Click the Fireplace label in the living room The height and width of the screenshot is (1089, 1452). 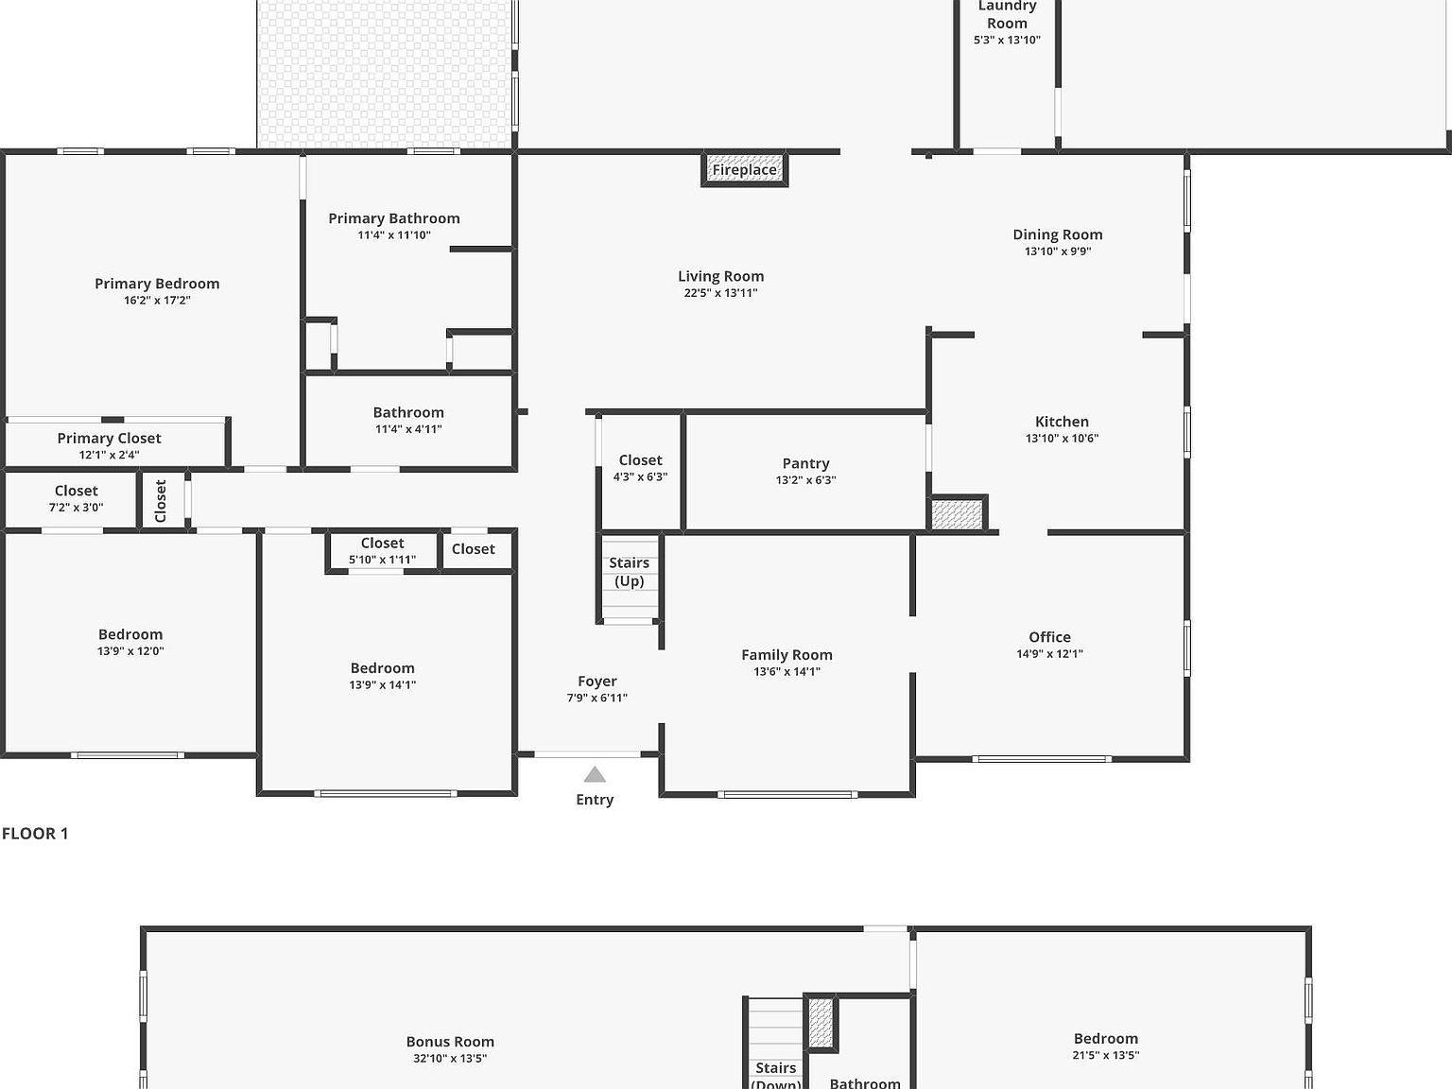(x=744, y=170)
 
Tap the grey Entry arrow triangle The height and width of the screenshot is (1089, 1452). (x=595, y=774)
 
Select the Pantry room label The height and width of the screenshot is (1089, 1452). (x=805, y=463)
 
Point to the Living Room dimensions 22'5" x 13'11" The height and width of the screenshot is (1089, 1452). (x=720, y=293)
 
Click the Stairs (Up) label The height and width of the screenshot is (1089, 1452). (x=629, y=572)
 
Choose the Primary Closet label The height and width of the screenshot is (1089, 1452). (x=109, y=439)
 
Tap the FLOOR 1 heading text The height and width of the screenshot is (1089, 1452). (x=35, y=833)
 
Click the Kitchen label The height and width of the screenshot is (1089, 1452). (x=1062, y=422)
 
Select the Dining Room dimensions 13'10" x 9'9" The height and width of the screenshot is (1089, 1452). (x=1058, y=251)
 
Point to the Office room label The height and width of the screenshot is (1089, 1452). (x=1050, y=637)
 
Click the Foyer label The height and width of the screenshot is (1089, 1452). (x=597, y=682)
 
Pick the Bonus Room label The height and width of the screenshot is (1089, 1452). (x=451, y=1042)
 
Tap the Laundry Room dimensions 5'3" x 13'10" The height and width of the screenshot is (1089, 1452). (x=1007, y=40)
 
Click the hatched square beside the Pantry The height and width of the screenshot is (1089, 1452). (x=958, y=514)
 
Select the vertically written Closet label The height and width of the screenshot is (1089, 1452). (x=161, y=500)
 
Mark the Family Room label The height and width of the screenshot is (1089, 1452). (x=786, y=655)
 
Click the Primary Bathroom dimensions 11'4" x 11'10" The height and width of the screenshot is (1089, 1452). (x=394, y=235)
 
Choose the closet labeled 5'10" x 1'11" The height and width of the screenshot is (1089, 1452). (x=382, y=551)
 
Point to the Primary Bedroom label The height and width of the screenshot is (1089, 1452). (x=157, y=284)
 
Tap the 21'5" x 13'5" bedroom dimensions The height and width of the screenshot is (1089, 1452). (x=1106, y=1055)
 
